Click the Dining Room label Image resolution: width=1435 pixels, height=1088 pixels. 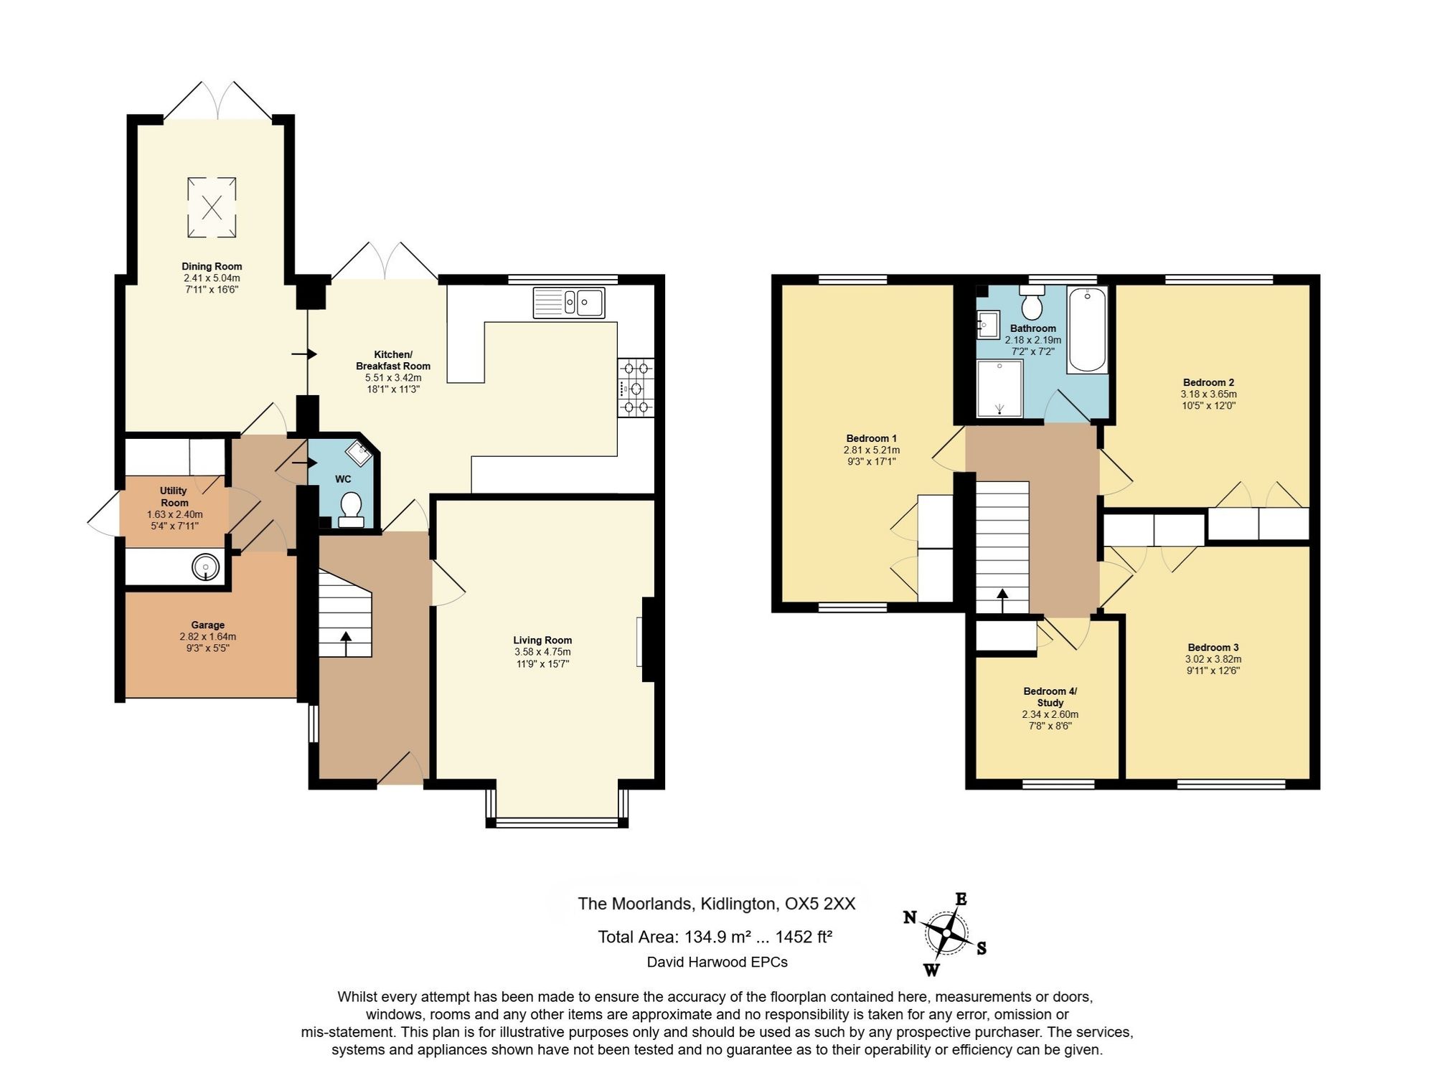tap(212, 267)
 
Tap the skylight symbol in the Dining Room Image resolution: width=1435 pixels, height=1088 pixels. tap(212, 207)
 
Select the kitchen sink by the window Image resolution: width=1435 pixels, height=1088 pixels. tap(569, 302)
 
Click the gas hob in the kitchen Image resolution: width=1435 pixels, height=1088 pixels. tap(636, 388)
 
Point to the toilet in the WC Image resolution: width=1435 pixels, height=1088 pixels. tap(351, 509)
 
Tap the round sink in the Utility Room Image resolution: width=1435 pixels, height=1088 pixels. tap(205, 567)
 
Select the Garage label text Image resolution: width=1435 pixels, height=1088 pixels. tap(208, 625)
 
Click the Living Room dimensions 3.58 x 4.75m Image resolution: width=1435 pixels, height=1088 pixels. tap(542, 652)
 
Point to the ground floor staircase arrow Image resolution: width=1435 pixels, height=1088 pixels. tap(346, 643)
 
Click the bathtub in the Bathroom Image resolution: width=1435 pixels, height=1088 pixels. tap(1088, 330)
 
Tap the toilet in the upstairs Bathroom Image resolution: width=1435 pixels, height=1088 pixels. tap(1032, 303)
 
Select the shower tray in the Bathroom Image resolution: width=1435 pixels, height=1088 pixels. tap(999, 388)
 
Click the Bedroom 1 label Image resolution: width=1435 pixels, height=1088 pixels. tap(872, 438)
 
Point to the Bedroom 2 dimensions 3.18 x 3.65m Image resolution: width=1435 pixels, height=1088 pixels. tap(1209, 394)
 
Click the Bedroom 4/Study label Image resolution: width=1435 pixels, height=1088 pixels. tap(1050, 697)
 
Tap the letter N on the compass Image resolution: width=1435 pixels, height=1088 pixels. tap(910, 917)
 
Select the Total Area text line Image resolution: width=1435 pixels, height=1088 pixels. tap(715, 937)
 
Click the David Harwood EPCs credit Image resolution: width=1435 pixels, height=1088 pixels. tap(717, 962)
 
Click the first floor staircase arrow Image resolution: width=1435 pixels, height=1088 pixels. tap(1002, 601)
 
